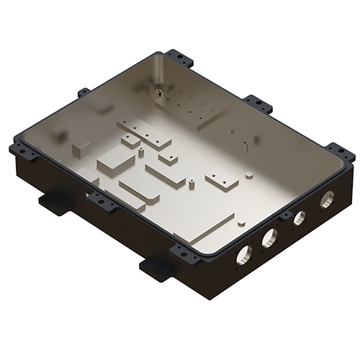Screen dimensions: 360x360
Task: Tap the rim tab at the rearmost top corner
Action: coord(177,57)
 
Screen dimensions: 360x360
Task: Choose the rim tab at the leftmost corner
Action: coord(19,147)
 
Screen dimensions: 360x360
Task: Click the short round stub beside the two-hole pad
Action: coord(248,174)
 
